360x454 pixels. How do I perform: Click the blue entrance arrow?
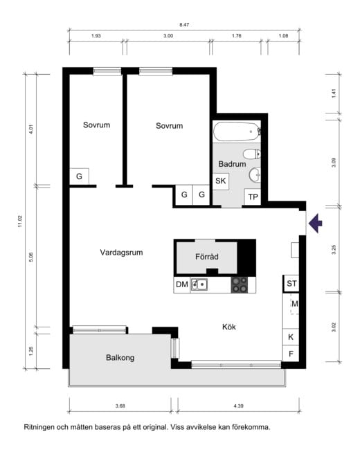click(x=316, y=223)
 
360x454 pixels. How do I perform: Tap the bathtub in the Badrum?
click(x=237, y=131)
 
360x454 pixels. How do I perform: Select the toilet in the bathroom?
click(x=252, y=154)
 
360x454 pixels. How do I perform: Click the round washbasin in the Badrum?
click(x=255, y=174)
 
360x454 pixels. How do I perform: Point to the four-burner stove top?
click(x=240, y=284)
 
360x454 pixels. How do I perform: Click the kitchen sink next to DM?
click(x=199, y=284)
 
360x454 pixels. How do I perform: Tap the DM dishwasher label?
click(x=182, y=284)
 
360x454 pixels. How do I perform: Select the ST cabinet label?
click(x=291, y=283)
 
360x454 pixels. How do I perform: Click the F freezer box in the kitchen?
click(x=291, y=354)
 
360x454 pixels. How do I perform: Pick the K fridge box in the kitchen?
click(x=291, y=337)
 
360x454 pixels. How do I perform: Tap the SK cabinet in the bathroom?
click(x=221, y=181)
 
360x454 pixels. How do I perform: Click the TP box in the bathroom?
click(x=253, y=197)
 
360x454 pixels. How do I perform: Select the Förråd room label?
click(x=207, y=257)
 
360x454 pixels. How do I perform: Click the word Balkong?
click(x=120, y=358)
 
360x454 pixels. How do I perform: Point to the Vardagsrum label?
click(x=121, y=253)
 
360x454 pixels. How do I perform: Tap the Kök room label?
click(x=228, y=327)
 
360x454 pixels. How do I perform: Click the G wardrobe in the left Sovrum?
click(x=79, y=176)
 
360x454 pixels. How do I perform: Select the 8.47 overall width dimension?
click(x=184, y=25)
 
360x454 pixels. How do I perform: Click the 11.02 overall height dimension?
click(x=20, y=221)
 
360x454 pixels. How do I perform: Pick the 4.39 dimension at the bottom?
click(x=238, y=406)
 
